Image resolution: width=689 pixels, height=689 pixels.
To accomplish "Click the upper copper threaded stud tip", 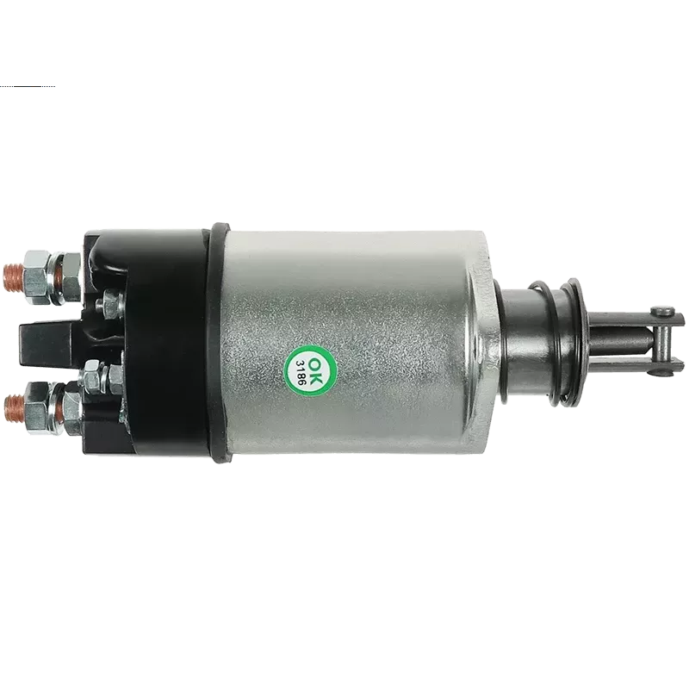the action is [12, 276].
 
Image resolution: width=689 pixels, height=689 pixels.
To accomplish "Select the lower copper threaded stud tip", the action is [13, 408].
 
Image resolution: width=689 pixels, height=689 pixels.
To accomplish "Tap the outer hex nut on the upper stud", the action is [36, 277].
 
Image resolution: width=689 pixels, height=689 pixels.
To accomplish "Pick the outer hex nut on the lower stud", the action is [36, 408].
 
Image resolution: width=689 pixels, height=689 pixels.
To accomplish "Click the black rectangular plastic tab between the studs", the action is [47, 344].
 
